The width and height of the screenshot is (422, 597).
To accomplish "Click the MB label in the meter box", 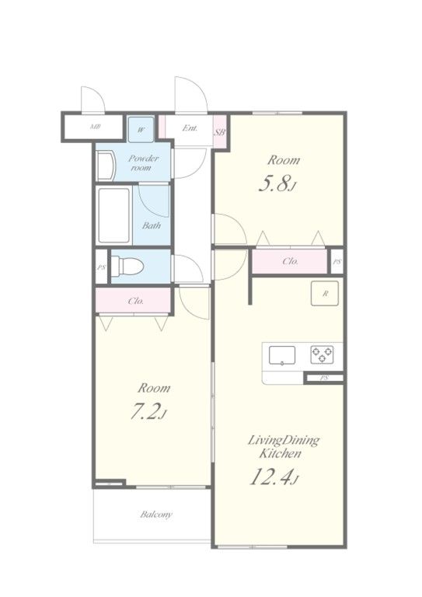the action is (95, 127).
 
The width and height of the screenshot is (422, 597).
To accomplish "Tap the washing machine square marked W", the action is (141, 130).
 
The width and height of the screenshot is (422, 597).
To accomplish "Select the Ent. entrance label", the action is (190, 128).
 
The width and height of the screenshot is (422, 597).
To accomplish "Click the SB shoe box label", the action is (220, 132).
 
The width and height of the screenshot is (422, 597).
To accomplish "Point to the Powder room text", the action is (143, 163).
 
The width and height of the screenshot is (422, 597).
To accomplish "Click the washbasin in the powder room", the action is (106, 166).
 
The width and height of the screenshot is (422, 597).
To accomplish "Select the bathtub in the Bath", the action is (114, 215).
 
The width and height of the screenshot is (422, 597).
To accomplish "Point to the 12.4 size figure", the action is (273, 477).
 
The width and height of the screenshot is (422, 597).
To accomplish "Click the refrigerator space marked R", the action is (325, 293).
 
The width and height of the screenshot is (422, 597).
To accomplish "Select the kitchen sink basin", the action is (282, 355).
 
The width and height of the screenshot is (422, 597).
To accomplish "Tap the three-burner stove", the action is (323, 354).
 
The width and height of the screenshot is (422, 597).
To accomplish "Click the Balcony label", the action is (156, 515).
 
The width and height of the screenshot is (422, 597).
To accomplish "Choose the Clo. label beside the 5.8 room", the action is (290, 261).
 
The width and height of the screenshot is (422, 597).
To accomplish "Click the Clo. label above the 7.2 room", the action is (136, 301).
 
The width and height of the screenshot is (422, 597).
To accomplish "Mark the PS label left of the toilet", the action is (101, 267).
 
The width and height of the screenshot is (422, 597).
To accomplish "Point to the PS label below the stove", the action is (324, 378).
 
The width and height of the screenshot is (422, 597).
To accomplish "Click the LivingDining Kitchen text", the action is (284, 447).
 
